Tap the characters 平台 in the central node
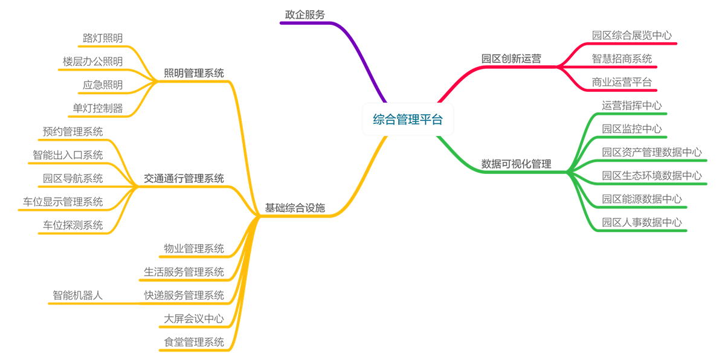tap(431, 120)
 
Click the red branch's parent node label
tap(511, 59)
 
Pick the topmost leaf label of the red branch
tap(632, 36)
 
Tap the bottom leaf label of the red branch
tap(622, 80)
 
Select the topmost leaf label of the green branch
tap(633, 106)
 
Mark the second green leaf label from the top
tap(632, 128)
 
